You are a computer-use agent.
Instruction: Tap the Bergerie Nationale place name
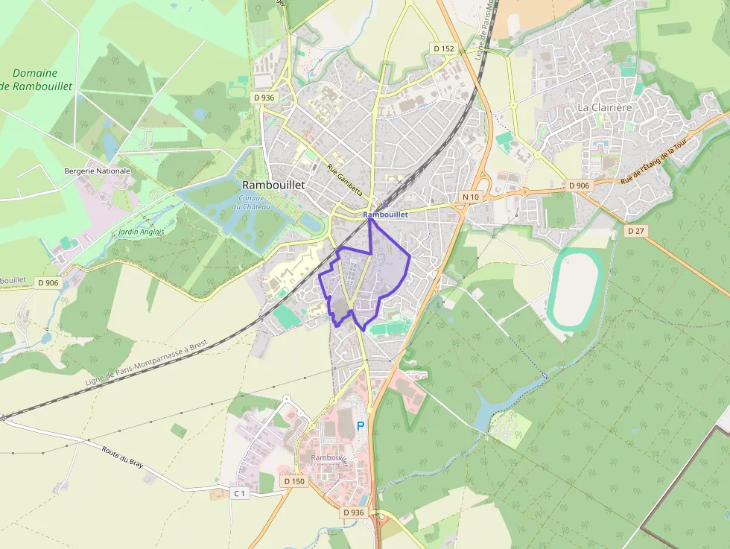[97, 171]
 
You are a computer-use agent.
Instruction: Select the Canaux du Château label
[247, 202]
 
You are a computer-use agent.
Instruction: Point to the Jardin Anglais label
[142, 232]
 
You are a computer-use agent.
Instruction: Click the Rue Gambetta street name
[345, 180]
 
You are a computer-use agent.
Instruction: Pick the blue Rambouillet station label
[386, 215]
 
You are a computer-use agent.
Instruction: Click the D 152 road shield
[442, 48]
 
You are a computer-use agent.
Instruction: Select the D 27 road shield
[635, 231]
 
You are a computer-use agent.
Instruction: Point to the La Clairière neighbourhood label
[604, 107]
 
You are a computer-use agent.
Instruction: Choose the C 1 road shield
[238, 493]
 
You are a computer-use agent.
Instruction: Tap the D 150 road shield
[294, 481]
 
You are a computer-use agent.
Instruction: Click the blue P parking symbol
[361, 426]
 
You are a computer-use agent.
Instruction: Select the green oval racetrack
[574, 289]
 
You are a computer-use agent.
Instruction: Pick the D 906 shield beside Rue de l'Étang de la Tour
[578, 185]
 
